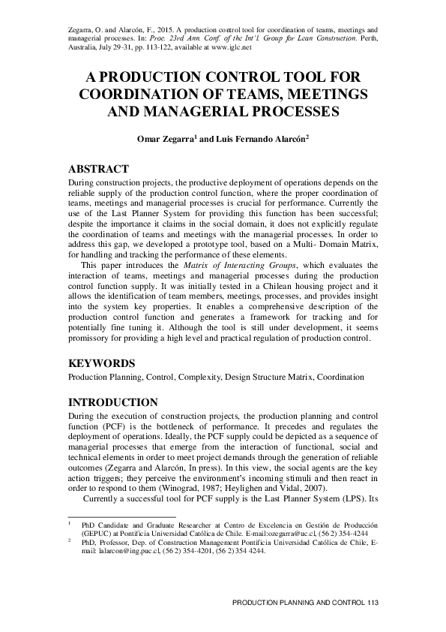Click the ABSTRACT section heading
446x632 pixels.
pos(98,169)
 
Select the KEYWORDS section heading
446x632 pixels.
pos(102,363)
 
